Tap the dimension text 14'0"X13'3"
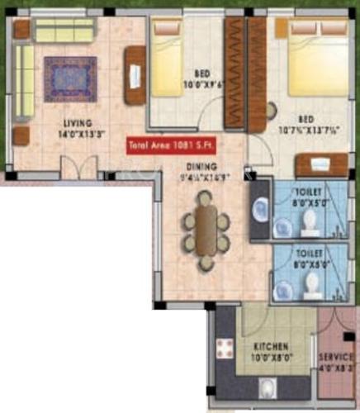(76, 133)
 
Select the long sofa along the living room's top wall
(64, 31)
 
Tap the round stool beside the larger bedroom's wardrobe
(272, 111)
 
